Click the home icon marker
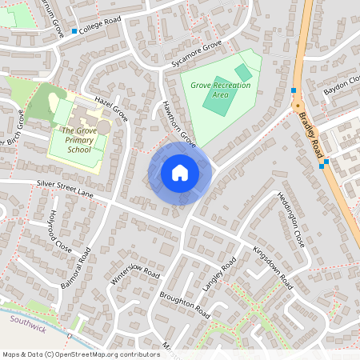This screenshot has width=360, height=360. pyautogui.click(x=180, y=173)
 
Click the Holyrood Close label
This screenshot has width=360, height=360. pyautogui.click(x=61, y=231)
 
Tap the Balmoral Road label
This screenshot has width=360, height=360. pyautogui.click(x=76, y=267)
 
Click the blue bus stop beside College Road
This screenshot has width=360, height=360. pyautogui.click(x=74, y=32)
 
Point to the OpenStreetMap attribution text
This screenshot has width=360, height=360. pyautogui.click(x=80, y=354)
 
